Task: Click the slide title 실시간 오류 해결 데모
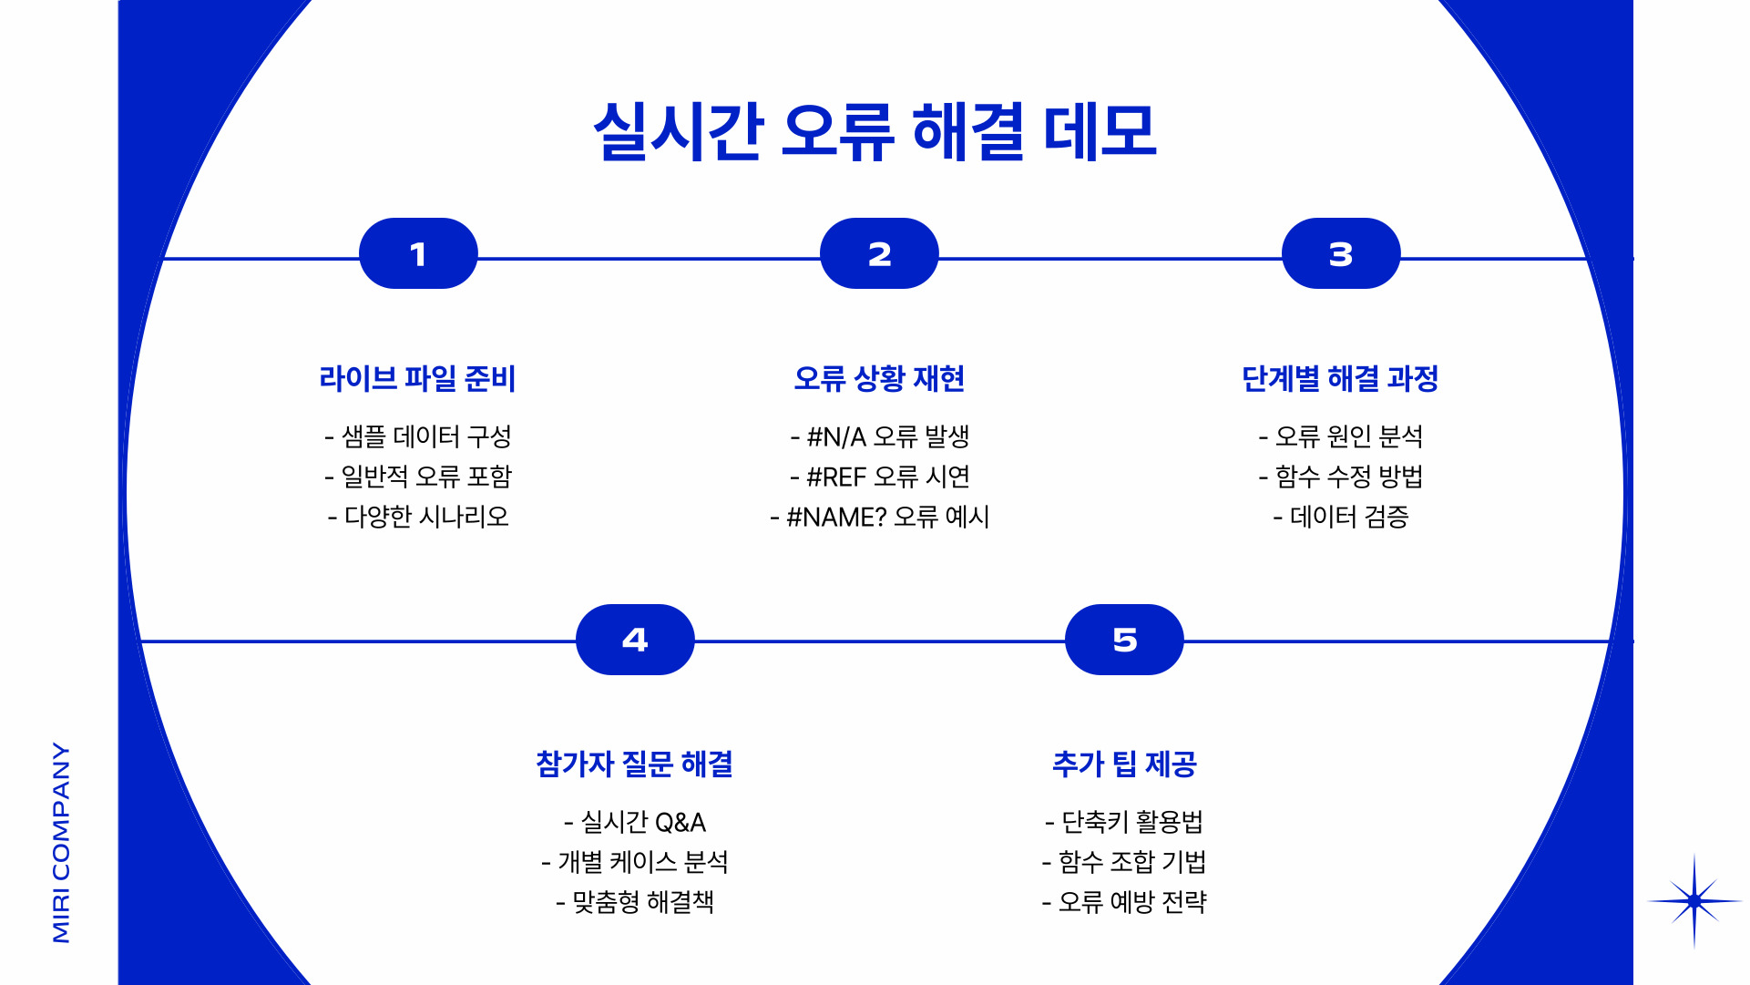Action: (875, 132)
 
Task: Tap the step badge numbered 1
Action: (418, 253)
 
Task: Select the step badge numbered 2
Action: (879, 253)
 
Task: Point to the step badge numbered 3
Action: (1340, 253)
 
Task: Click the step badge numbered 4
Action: (635, 640)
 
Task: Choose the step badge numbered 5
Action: (1124, 640)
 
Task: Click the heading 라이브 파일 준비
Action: (417, 378)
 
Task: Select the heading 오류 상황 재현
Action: (879, 378)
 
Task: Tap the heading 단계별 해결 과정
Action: (1340, 378)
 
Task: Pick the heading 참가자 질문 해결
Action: (635, 764)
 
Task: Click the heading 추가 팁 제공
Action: (1124, 764)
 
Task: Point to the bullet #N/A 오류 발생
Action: (880, 436)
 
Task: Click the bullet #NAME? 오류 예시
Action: (880, 517)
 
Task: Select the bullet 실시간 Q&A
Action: (635, 822)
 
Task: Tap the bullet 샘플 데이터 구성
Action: (418, 436)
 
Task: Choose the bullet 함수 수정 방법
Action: (1340, 477)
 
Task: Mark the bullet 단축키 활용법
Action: (1124, 822)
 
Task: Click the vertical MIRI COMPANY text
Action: (61, 842)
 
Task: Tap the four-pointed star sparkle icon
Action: (1694, 901)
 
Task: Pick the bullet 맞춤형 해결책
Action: (635, 902)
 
